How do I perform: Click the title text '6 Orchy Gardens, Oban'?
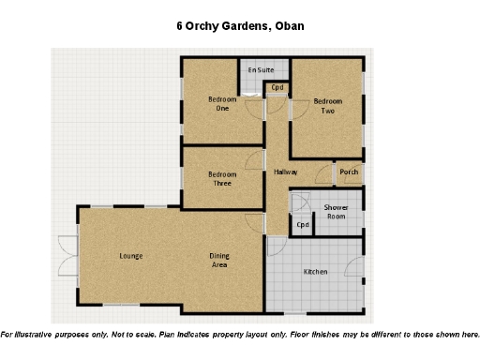click(239, 27)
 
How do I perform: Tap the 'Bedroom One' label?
click(222, 103)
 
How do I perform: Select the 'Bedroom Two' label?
click(327, 106)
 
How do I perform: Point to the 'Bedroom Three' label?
click(222, 178)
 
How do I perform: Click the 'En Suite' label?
click(261, 70)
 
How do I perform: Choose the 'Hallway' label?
click(286, 172)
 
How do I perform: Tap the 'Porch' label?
click(349, 172)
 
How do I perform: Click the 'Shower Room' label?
click(337, 211)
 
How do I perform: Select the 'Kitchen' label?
click(315, 272)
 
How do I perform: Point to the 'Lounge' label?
click(130, 256)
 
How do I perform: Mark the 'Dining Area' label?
click(219, 261)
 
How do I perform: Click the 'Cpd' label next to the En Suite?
click(277, 88)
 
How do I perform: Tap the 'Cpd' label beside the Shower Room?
click(303, 225)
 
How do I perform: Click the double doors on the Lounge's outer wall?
click(66, 255)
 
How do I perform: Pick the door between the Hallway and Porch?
click(324, 174)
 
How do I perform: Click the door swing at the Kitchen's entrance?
click(276, 246)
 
